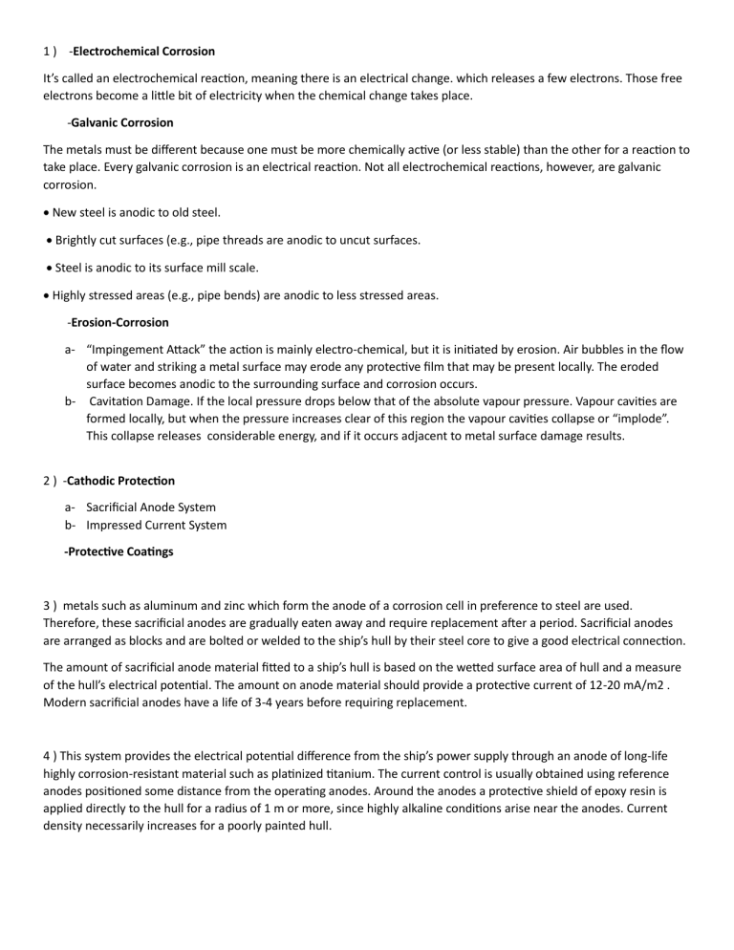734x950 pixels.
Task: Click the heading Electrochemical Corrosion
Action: point(143,50)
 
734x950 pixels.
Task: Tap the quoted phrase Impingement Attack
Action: point(138,350)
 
